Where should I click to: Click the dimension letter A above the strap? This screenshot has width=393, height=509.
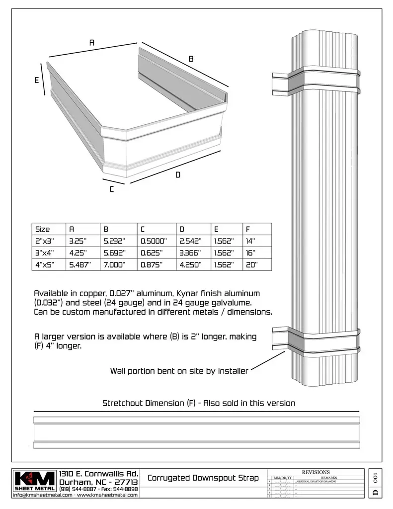pyautogui.click(x=92, y=43)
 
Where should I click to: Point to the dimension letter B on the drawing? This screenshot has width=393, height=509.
pyautogui.click(x=191, y=59)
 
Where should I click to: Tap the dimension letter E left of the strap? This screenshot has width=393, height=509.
pyautogui.click(x=37, y=81)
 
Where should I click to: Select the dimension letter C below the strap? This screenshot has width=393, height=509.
pyautogui.click(x=112, y=189)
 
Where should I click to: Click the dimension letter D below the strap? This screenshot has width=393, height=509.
pyautogui.click(x=177, y=175)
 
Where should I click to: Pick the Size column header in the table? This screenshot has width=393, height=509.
pyautogui.click(x=43, y=229)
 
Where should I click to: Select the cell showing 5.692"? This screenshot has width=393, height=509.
pyautogui.click(x=114, y=253)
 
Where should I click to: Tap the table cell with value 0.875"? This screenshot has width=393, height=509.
pyautogui.click(x=152, y=265)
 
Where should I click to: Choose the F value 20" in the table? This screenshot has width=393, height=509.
pyautogui.click(x=251, y=265)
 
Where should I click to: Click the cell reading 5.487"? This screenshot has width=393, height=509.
pyautogui.click(x=80, y=265)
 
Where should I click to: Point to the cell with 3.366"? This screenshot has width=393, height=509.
pyautogui.click(x=190, y=253)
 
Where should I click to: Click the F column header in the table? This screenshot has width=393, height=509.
pyautogui.click(x=248, y=229)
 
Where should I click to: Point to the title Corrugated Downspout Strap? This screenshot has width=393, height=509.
pyautogui.click(x=203, y=478)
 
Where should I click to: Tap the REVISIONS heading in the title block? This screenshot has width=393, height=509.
pyautogui.click(x=315, y=472)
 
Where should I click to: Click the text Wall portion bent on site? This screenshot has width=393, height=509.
pyautogui.click(x=179, y=371)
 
